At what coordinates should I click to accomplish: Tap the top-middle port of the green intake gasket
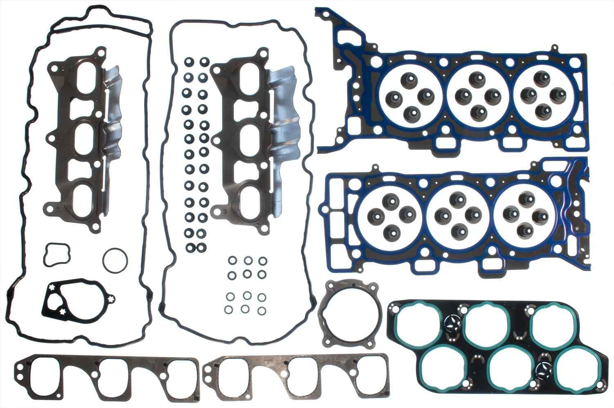(486, 324)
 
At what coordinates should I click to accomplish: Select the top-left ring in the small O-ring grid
(232, 260)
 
